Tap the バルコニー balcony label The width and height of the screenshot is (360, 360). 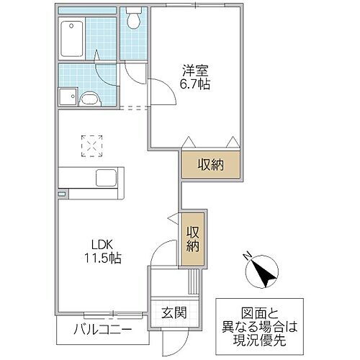click(101, 331)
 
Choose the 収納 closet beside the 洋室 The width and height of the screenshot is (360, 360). click(210, 165)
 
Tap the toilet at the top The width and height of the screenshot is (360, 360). click(133, 19)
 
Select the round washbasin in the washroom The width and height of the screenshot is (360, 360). click(90, 99)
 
